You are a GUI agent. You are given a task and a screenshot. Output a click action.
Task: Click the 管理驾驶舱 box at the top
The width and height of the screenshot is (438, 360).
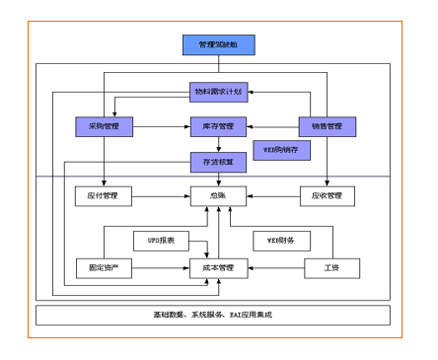[218, 44]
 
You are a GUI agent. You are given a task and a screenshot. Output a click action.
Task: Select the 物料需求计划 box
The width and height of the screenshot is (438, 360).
[218, 92]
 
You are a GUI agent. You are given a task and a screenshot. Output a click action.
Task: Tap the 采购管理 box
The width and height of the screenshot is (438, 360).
[104, 126]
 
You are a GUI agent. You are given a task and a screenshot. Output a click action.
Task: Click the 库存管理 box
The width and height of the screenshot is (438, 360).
[218, 126]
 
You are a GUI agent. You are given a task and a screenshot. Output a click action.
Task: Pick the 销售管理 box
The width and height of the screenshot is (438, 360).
[327, 126]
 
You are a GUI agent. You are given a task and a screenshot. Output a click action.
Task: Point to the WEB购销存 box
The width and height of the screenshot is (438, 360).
[282, 150]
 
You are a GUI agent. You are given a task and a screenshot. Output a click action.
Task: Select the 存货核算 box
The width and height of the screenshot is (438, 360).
[218, 160]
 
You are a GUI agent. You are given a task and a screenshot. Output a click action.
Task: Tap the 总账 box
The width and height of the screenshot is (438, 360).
[218, 195]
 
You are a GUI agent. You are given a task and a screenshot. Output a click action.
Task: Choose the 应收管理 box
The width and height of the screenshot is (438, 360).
[327, 195]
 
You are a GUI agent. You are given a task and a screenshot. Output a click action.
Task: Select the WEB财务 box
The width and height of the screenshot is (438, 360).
[282, 239]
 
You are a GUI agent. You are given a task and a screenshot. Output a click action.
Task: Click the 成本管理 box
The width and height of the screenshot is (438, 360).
[218, 267]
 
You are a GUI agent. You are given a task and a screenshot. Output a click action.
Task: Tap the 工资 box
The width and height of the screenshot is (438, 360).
[331, 267]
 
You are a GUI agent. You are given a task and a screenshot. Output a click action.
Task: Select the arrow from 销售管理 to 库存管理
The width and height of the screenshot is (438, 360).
[272, 126]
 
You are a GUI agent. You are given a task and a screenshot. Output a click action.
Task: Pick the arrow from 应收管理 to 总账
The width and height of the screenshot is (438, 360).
[272, 195]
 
